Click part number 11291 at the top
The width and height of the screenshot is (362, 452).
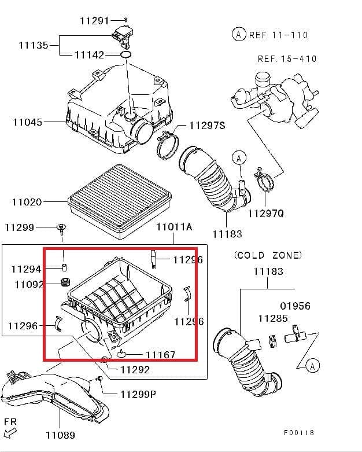click(94, 20)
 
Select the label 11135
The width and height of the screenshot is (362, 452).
click(34, 45)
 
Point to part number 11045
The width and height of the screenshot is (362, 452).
click(27, 122)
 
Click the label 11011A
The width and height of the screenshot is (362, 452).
click(174, 227)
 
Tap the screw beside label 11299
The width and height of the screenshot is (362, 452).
click(60, 229)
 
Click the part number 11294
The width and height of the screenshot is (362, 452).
click(27, 269)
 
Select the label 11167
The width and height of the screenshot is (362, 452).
click(160, 354)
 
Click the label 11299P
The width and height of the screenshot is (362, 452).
click(138, 395)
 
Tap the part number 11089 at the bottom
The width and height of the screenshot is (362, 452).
click(60, 435)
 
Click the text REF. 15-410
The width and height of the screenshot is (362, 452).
click(287, 59)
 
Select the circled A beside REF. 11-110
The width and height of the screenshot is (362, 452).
click(239, 35)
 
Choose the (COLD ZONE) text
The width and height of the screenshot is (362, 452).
click(268, 255)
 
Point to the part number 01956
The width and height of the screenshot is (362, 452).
click(295, 306)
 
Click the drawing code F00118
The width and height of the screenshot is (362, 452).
click(299, 432)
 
